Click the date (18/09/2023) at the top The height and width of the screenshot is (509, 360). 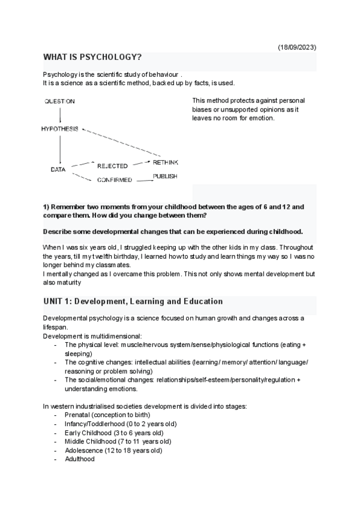[297, 47]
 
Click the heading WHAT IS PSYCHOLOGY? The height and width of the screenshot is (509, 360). [92, 58]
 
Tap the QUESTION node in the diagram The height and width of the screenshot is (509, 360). [59, 101]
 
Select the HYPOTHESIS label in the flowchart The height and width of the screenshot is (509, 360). [61, 128]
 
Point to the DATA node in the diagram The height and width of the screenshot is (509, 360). [58, 170]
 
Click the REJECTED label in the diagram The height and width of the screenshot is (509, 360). [112, 166]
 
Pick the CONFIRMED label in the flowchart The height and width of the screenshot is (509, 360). [115, 179]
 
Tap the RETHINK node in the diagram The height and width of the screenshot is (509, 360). [165, 163]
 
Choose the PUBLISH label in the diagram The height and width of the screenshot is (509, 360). [164, 176]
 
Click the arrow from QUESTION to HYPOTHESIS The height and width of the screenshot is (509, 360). [60, 115]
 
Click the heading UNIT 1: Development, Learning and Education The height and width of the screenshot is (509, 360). [133, 301]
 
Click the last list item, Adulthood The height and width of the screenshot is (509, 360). [79, 459]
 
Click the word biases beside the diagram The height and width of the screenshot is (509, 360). [203, 109]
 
